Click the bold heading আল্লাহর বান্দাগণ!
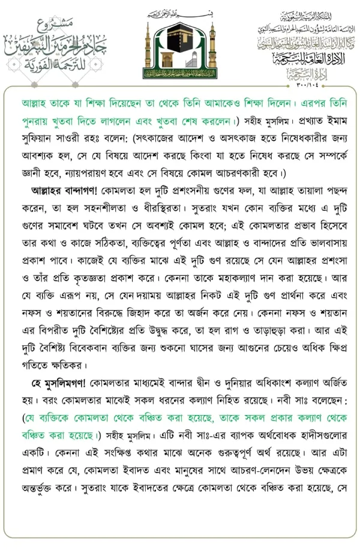(66, 191)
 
